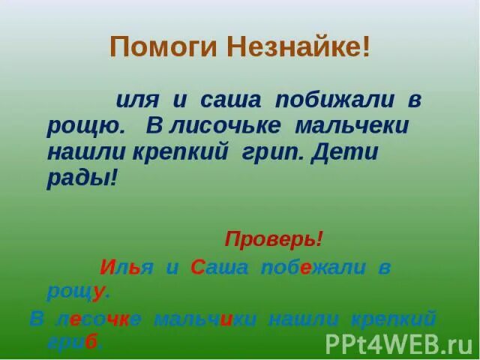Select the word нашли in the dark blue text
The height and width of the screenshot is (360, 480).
click(79, 152)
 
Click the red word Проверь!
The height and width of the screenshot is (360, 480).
click(274, 240)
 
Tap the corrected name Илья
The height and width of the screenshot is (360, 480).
click(126, 267)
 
